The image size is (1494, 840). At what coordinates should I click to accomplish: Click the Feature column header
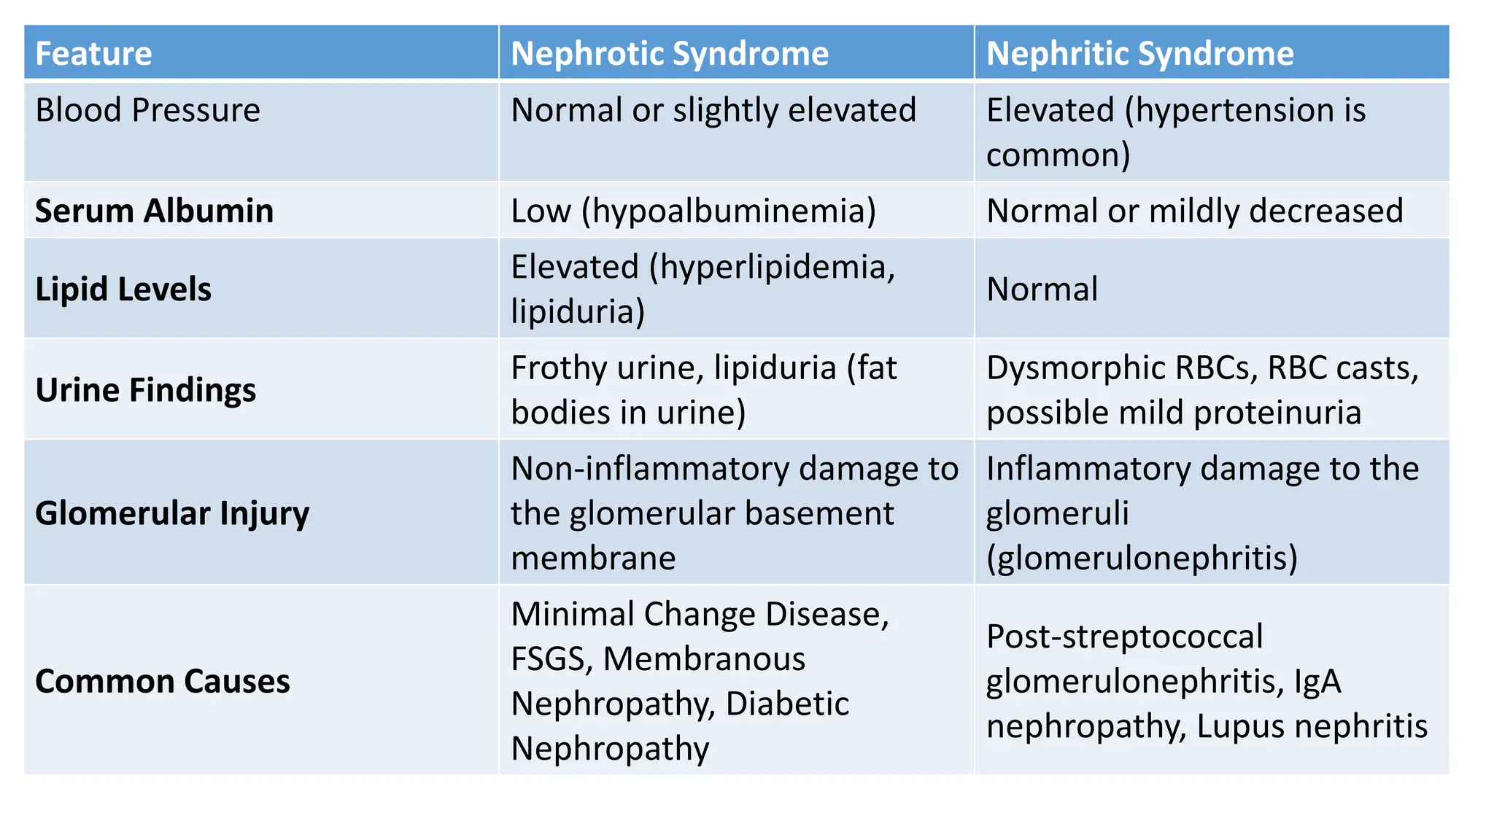click(x=93, y=54)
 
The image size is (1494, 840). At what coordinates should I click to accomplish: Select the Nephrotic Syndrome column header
click(x=669, y=54)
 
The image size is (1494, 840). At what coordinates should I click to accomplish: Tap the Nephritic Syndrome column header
click(x=1139, y=54)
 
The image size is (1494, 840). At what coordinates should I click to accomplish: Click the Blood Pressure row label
click(x=147, y=111)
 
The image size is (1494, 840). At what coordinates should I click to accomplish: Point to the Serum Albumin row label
click(x=154, y=211)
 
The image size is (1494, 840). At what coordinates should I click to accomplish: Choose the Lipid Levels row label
click(x=123, y=289)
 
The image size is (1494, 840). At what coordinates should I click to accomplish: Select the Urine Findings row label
click(x=145, y=390)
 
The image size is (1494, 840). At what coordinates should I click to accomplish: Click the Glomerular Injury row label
click(x=172, y=513)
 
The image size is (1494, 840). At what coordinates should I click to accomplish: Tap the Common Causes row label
click(x=162, y=682)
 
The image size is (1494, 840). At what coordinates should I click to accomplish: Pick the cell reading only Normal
click(x=1042, y=289)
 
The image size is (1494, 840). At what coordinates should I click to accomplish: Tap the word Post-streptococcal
click(x=1124, y=637)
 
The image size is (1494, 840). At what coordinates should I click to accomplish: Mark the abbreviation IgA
click(x=1317, y=682)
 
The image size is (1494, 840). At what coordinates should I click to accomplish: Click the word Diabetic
click(x=787, y=704)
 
